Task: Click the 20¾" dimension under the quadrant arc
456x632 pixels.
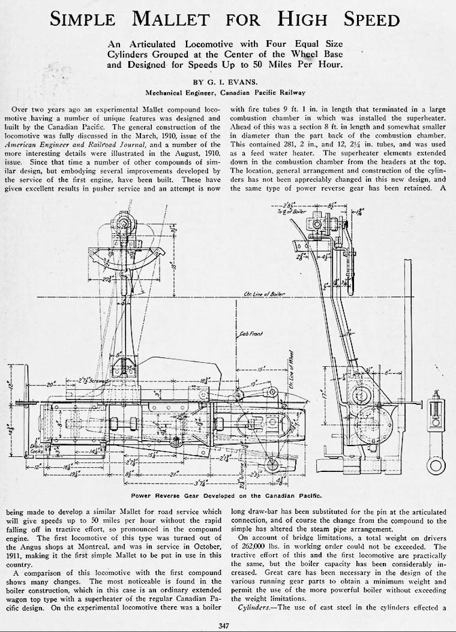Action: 107,278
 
